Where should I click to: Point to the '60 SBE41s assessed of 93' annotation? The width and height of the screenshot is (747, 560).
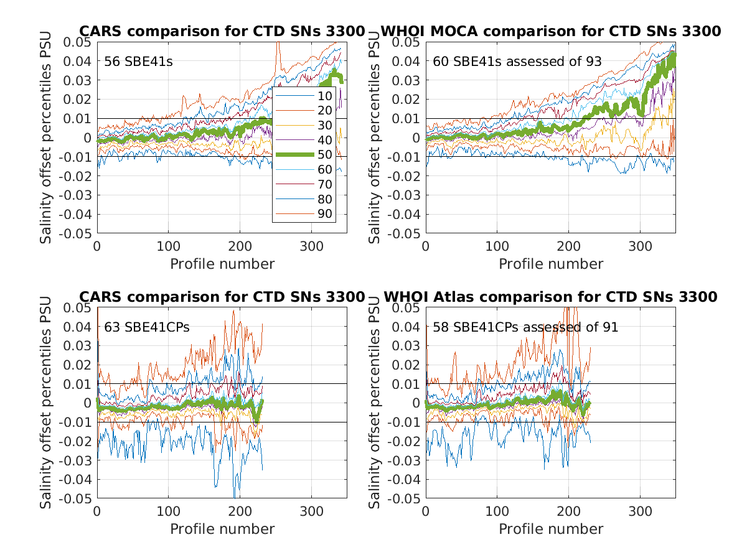(517, 62)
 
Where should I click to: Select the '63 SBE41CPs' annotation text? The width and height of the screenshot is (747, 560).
(138, 327)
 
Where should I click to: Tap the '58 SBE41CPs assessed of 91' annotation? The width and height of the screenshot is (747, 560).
(525, 327)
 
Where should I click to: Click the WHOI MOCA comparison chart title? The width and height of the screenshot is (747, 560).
(550, 31)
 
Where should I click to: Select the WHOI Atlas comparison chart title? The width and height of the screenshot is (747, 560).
(550, 297)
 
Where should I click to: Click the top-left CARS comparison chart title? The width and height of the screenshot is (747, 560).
(222, 31)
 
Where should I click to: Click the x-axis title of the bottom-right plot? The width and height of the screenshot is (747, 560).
(551, 529)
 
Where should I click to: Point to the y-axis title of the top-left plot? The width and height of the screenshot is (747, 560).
(47, 138)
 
